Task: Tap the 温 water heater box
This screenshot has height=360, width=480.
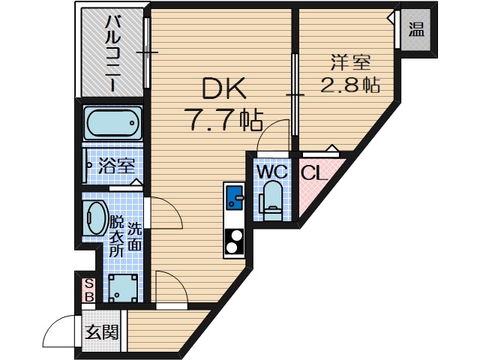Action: click(415, 31)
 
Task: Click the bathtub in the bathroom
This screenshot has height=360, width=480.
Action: click(112, 121)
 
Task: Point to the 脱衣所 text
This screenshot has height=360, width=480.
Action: click(117, 236)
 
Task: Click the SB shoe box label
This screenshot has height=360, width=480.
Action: click(88, 290)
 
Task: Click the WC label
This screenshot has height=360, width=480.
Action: click(271, 172)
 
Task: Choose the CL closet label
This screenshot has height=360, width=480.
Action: click(313, 173)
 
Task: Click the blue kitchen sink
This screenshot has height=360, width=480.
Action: click(235, 197)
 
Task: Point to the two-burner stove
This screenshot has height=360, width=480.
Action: click(235, 241)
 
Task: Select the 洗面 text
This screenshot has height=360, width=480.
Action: click(134, 235)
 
